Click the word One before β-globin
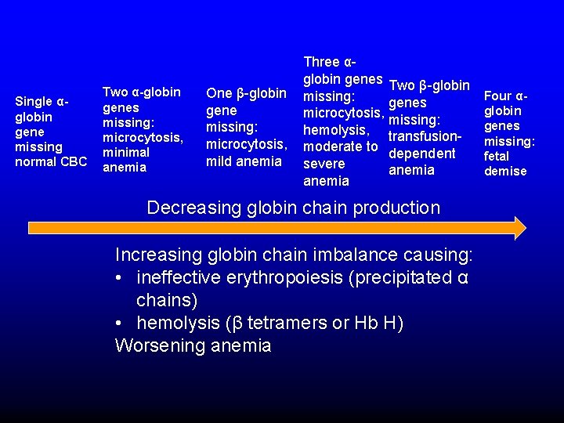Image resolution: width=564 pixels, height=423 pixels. (x=219, y=93)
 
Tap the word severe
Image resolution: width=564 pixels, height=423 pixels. (x=324, y=164)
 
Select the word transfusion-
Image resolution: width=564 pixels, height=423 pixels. (x=428, y=136)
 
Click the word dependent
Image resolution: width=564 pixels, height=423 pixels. (x=421, y=154)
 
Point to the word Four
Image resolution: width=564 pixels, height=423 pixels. (x=498, y=96)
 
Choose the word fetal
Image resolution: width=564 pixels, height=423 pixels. (x=497, y=156)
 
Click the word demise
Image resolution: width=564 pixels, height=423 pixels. (x=505, y=171)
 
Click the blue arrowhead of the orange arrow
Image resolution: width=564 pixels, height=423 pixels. (x=518, y=227)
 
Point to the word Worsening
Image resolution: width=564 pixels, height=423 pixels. (x=157, y=345)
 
